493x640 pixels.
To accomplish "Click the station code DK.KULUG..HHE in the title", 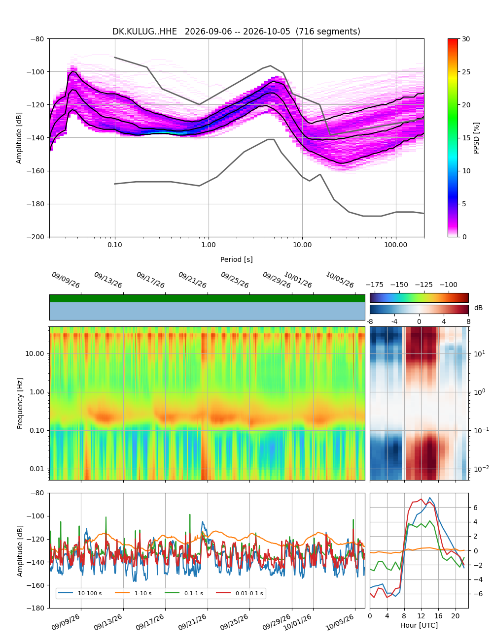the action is click(144, 32).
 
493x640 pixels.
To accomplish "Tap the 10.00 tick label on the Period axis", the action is click(302, 245).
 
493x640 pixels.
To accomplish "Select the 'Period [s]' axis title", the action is click(237, 259).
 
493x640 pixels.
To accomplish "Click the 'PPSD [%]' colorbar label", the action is click(476, 138).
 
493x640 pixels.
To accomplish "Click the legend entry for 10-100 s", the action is click(80, 593).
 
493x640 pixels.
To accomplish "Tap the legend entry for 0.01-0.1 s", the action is click(240, 593).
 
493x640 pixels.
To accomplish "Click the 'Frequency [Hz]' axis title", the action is click(20, 404).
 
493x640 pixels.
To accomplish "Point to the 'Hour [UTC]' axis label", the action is click(419, 625).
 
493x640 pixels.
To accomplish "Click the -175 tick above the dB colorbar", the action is click(375, 285).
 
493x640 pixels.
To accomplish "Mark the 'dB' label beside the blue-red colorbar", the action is click(478, 308).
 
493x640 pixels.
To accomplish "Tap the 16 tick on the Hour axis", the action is click(438, 616).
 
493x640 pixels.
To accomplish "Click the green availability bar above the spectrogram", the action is click(207, 298).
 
